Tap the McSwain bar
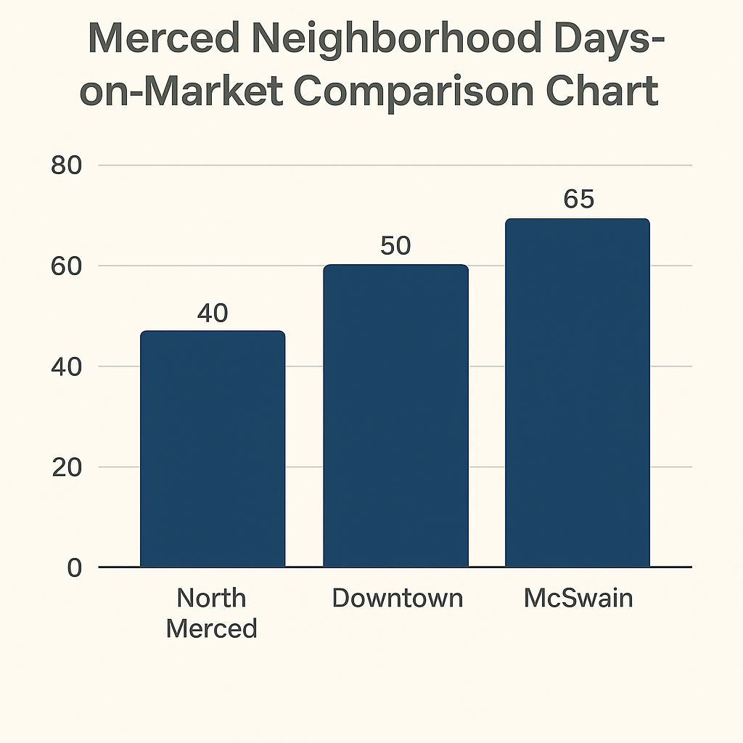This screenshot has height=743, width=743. tap(577, 392)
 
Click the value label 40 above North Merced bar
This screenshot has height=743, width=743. tap(212, 313)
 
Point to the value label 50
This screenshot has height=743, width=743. tap(395, 246)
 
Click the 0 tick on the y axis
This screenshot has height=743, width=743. tap(74, 567)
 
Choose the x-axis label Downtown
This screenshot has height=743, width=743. tap(397, 599)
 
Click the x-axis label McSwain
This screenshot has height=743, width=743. tap(578, 599)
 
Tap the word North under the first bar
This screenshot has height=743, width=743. tap(211, 599)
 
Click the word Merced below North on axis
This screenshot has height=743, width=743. tap(211, 628)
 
